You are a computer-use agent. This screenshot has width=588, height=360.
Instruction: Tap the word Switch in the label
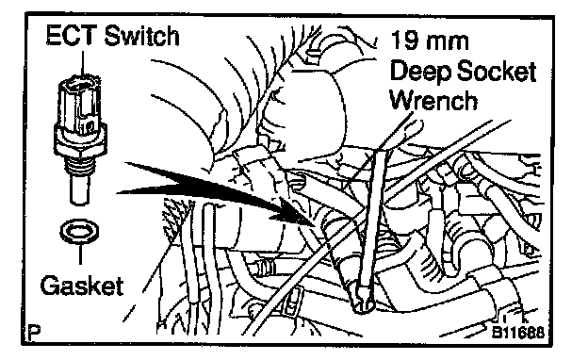click(x=141, y=36)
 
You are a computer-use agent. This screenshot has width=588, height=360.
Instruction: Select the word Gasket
click(x=82, y=286)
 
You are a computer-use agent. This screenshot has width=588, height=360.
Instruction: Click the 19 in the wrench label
click(x=404, y=41)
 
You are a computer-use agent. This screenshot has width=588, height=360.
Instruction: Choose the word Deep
click(x=420, y=72)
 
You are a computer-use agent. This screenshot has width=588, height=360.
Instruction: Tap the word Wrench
click(x=433, y=100)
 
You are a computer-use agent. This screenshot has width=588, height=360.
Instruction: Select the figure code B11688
click(x=518, y=333)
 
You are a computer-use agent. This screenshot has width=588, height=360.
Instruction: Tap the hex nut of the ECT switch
click(x=80, y=144)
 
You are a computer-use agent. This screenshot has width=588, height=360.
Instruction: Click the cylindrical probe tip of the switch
click(x=80, y=189)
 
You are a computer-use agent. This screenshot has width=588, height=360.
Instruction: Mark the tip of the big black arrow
click(x=314, y=225)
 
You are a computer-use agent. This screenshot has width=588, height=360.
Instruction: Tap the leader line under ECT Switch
click(x=83, y=62)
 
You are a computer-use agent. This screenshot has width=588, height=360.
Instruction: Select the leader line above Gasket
click(x=80, y=254)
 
